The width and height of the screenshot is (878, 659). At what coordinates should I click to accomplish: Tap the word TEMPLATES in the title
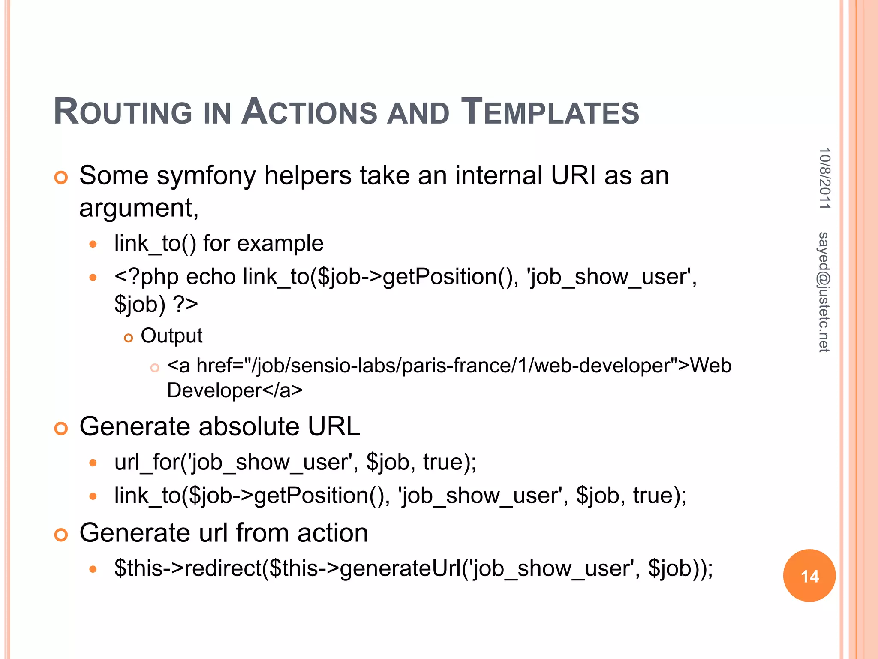[550, 112]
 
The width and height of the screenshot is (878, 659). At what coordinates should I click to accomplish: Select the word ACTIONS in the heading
[309, 112]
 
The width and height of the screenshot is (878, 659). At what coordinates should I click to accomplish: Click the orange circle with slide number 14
[809, 576]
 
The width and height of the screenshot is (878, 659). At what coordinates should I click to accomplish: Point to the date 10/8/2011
[824, 178]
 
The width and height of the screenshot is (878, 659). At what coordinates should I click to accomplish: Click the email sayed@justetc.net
[824, 292]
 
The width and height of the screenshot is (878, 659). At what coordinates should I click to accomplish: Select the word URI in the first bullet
[573, 175]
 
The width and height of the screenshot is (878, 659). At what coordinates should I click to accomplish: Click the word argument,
[139, 208]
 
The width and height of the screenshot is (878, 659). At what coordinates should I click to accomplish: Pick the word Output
[171, 336]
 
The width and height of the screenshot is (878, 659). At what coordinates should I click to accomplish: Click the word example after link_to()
[280, 243]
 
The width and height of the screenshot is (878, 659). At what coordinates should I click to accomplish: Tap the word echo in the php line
[210, 277]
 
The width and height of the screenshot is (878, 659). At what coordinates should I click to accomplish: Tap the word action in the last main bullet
[333, 533]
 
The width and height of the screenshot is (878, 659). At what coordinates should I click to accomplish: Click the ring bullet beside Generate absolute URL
[61, 428]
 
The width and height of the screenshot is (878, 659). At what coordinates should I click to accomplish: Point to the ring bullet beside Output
[128, 338]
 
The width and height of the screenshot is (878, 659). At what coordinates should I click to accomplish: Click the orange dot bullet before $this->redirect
[93, 570]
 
